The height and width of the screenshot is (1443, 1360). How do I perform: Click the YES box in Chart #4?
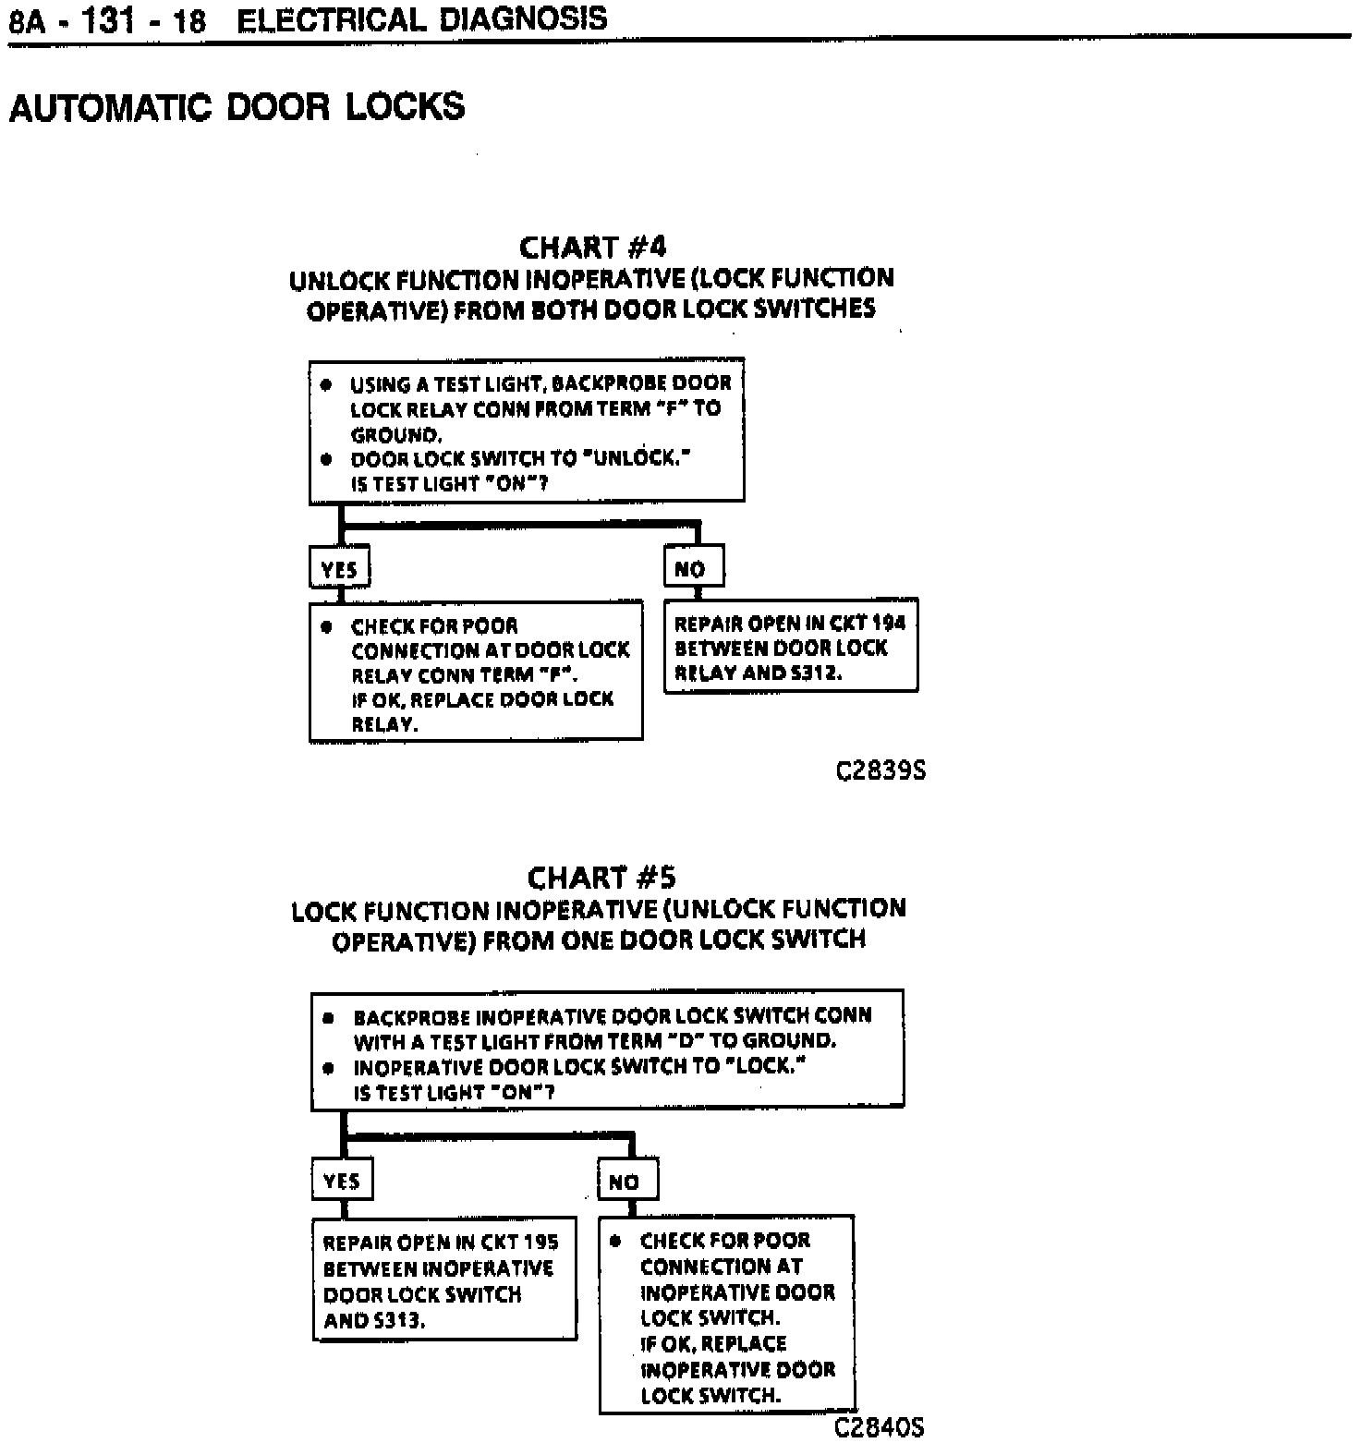pyautogui.click(x=339, y=568)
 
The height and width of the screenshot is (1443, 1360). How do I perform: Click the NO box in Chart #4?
pyautogui.click(x=693, y=568)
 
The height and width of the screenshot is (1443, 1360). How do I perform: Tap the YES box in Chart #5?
pyautogui.click(x=342, y=1181)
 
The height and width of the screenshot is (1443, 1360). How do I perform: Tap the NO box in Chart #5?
pyautogui.click(x=627, y=1181)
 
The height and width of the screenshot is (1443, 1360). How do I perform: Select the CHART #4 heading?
pyautogui.click(x=592, y=248)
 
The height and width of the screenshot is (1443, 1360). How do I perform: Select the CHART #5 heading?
pyautogui.click(x=601, y=877)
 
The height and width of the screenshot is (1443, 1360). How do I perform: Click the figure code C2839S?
pyautogui.click(x=880, y=770)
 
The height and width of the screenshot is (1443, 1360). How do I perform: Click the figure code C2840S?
pyautogui.click(x=879, y=1427)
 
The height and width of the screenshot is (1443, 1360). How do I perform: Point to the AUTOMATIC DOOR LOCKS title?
pyautogui.click(x=237, y=107)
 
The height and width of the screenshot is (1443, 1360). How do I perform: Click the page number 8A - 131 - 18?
pyautogui.click(x=107, y=20)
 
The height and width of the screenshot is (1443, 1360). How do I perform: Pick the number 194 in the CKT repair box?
pyautogui.click(x=889, y=623)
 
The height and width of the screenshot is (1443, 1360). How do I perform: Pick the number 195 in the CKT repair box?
pyautogui.click(x=540, y=1243)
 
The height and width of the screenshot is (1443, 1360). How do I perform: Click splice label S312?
pyautogui.click(x=816, y=673)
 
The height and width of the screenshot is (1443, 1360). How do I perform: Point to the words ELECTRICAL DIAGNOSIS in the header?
pyautogui.click(x=422, y=18)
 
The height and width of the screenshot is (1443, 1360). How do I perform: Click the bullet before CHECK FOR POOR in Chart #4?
pyautogui.click(x=326, y=626)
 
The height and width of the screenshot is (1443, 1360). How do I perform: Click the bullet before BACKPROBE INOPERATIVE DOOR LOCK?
pyautogui.click(x=329, y=1017)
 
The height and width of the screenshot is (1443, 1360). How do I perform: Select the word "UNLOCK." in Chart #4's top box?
pyautogui.click(x=638, y=458)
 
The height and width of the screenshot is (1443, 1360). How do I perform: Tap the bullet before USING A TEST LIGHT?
pyautogui.click(x=326, y=384)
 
